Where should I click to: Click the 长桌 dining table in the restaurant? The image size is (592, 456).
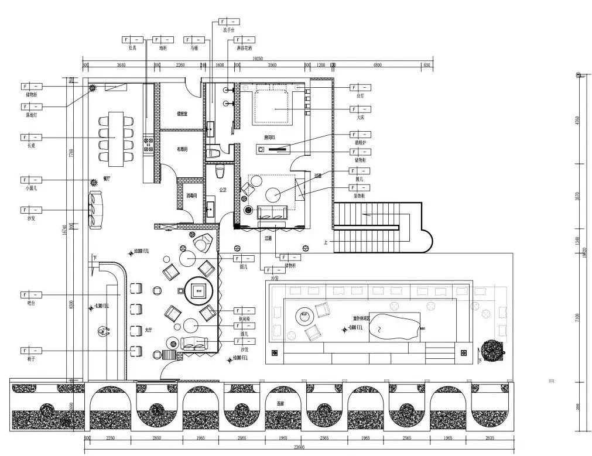point(117,136)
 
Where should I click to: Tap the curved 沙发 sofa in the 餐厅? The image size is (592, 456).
point(95,210)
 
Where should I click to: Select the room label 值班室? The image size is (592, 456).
point(182,114)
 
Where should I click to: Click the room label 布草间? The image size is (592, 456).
point(182,149)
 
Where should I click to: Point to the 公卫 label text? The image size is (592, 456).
point(223,190)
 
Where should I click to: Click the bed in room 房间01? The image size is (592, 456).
point(273,105)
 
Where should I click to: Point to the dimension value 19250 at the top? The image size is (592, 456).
point(257,59)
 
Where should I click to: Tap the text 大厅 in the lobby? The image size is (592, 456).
point(149,330)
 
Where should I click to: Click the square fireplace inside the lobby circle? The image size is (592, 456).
point(199,290)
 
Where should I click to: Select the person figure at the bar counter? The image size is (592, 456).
point(104,331)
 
